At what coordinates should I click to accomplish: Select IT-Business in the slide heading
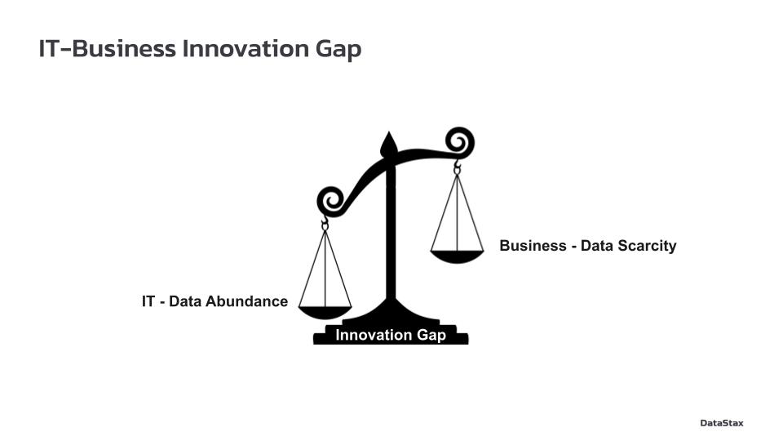[108, 48]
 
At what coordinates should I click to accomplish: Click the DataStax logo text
[722, 423]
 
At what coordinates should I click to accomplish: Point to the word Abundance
[246, 301]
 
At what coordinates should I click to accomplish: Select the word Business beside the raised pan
[533, 246]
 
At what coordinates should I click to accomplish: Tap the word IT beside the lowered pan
[148, 301]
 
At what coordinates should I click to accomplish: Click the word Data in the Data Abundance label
[185, 301]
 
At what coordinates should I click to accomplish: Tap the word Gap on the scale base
[431, 336]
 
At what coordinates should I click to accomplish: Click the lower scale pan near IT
[325, 313]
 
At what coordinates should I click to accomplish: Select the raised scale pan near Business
[457, 256]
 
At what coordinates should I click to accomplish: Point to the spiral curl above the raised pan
[459, 142]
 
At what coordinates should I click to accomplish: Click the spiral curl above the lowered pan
[331, 202]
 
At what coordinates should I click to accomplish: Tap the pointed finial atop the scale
[389, 144]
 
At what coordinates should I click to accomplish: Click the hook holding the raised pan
[457, 167]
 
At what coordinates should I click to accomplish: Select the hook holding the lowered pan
[325, 223]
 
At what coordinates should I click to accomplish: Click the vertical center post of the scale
[391, 230]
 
